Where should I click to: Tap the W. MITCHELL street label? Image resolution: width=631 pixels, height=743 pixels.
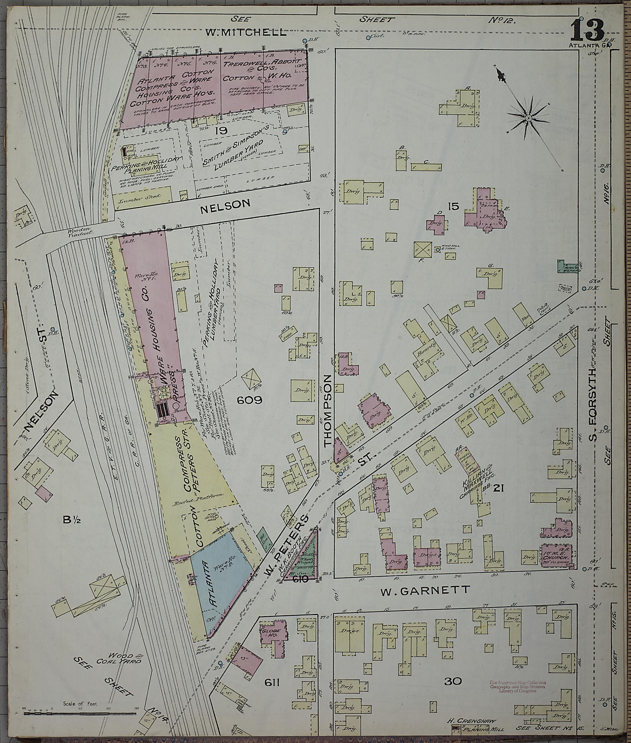point(246,33)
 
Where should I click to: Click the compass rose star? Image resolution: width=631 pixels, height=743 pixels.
point(528,118)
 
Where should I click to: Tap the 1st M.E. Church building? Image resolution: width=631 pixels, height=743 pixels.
point(556,556)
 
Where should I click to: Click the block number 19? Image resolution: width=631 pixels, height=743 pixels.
point(221,130)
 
